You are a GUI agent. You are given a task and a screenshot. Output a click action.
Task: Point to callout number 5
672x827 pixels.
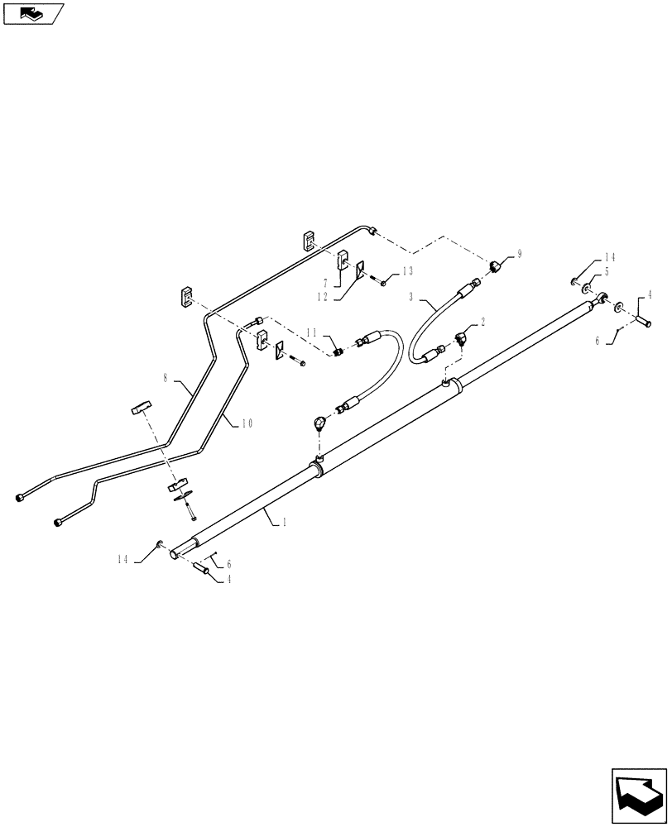(607, 270)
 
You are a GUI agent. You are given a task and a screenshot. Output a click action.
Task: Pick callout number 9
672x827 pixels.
(519, 255)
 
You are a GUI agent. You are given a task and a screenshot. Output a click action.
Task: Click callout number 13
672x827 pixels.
(407, 271)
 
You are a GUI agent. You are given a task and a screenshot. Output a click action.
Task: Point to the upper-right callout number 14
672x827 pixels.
(610, 257)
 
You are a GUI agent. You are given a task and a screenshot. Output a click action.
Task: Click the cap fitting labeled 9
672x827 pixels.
(495, 265)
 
